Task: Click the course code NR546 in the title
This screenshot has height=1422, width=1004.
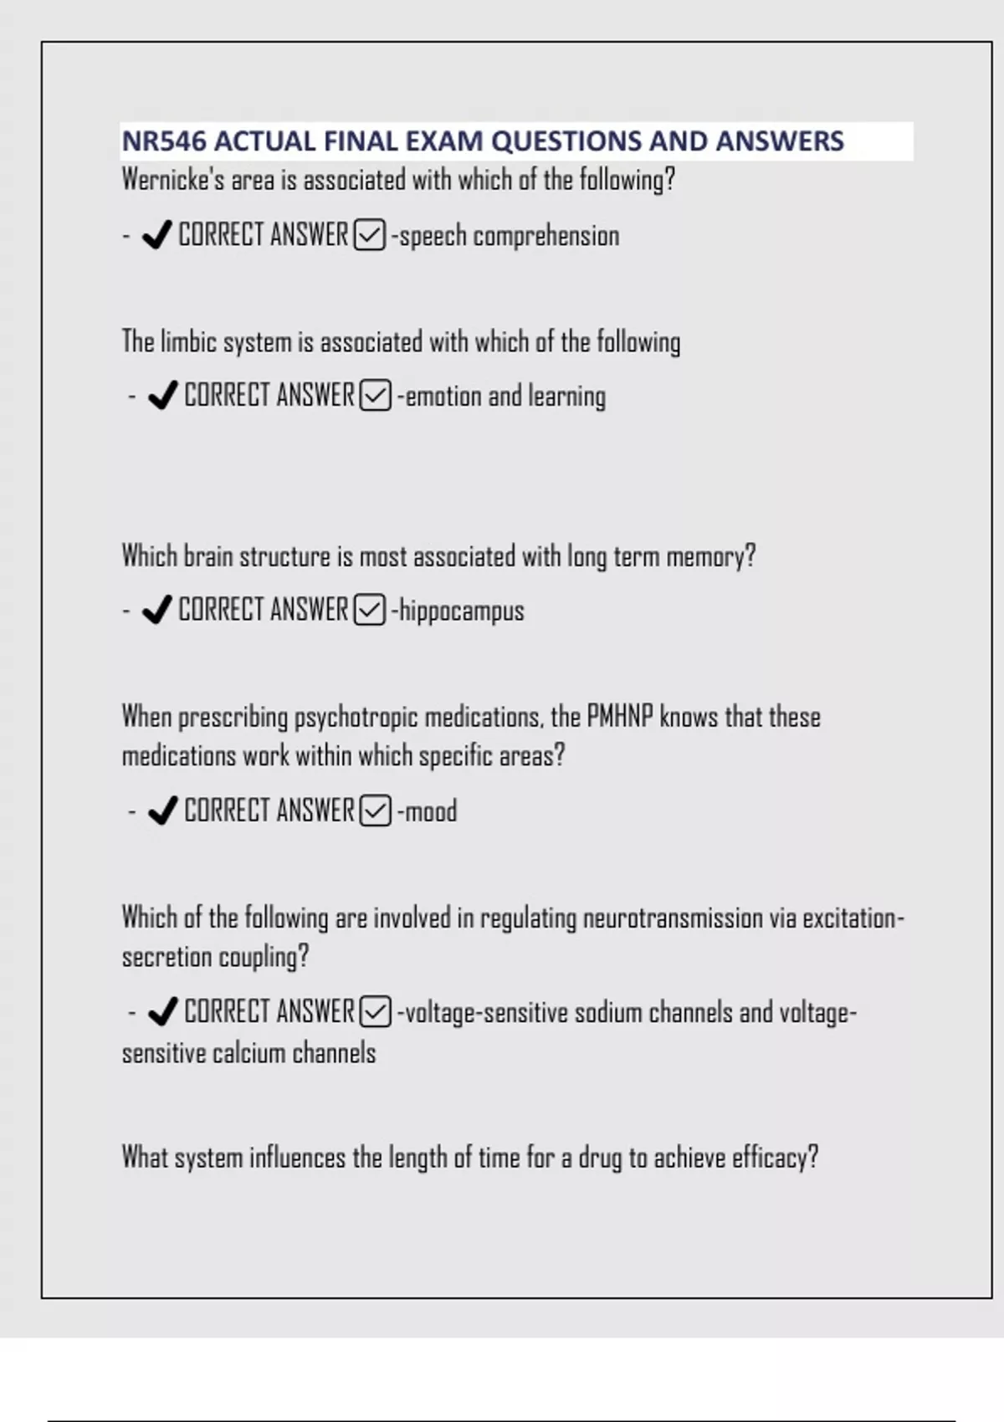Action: click(164, 141)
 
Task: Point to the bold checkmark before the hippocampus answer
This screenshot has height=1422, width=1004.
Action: click(157, 611)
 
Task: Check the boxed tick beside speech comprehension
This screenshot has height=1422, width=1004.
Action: click(370, 235)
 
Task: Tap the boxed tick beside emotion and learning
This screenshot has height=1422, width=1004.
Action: click(375, 396)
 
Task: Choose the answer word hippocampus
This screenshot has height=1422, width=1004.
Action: click(462, 611)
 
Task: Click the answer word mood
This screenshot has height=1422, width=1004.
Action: click(431, 811)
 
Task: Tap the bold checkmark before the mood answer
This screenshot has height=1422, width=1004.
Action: click(162, 811)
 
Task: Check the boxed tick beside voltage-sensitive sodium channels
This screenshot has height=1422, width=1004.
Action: click(375, 1012)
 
